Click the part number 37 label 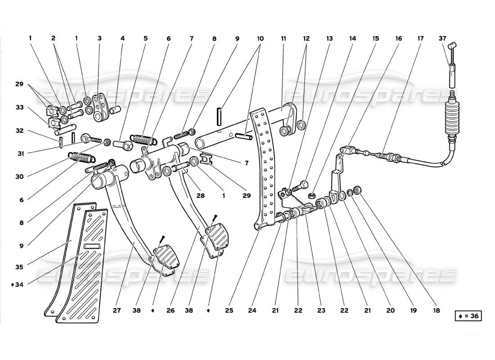444,39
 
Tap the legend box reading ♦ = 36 468,316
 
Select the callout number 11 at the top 283,39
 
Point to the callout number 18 436,310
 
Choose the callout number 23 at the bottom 321,310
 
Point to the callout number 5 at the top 145,39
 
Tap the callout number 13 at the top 329,39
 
